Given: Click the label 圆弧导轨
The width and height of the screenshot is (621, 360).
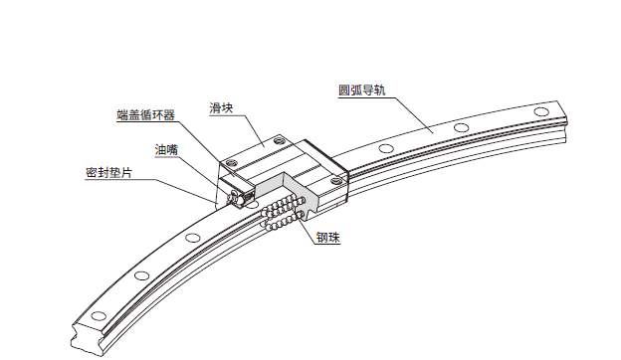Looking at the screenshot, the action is click(x=361, y=90).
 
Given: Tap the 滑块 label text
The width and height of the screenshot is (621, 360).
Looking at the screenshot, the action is click(x=221, y=108).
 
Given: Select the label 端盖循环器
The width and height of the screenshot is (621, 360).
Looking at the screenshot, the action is click(x=145, y=115).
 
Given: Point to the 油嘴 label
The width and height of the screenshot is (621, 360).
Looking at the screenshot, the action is click(x=166, y=150).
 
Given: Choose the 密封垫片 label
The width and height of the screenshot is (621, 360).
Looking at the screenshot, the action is click(x=108, y=173).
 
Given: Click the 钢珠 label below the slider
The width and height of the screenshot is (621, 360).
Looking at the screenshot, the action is click(x=328, y=238).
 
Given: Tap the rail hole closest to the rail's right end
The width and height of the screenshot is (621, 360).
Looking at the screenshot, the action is click(x=541, y=111).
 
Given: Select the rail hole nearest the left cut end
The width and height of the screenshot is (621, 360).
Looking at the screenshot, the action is click(x=99, y=315).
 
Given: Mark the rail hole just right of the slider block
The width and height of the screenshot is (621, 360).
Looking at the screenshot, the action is click(x=386, y=149).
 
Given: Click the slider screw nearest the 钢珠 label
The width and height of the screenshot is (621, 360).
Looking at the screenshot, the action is click(x=337, y=181).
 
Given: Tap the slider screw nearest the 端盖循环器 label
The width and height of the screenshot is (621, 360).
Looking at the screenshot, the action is click(x=231, y=161).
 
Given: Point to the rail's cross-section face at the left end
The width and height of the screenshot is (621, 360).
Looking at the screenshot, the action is click(x=89, y=338).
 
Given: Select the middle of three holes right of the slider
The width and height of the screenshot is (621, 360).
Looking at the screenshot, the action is click(x=461, y=127).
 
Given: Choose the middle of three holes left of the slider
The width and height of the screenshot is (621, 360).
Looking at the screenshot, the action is click(x=141, y=274).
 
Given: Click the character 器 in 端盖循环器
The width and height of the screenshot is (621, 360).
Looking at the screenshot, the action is click(x=169, y=115).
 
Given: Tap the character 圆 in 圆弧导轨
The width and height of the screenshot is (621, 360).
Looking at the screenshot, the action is click(x=344, y=90).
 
